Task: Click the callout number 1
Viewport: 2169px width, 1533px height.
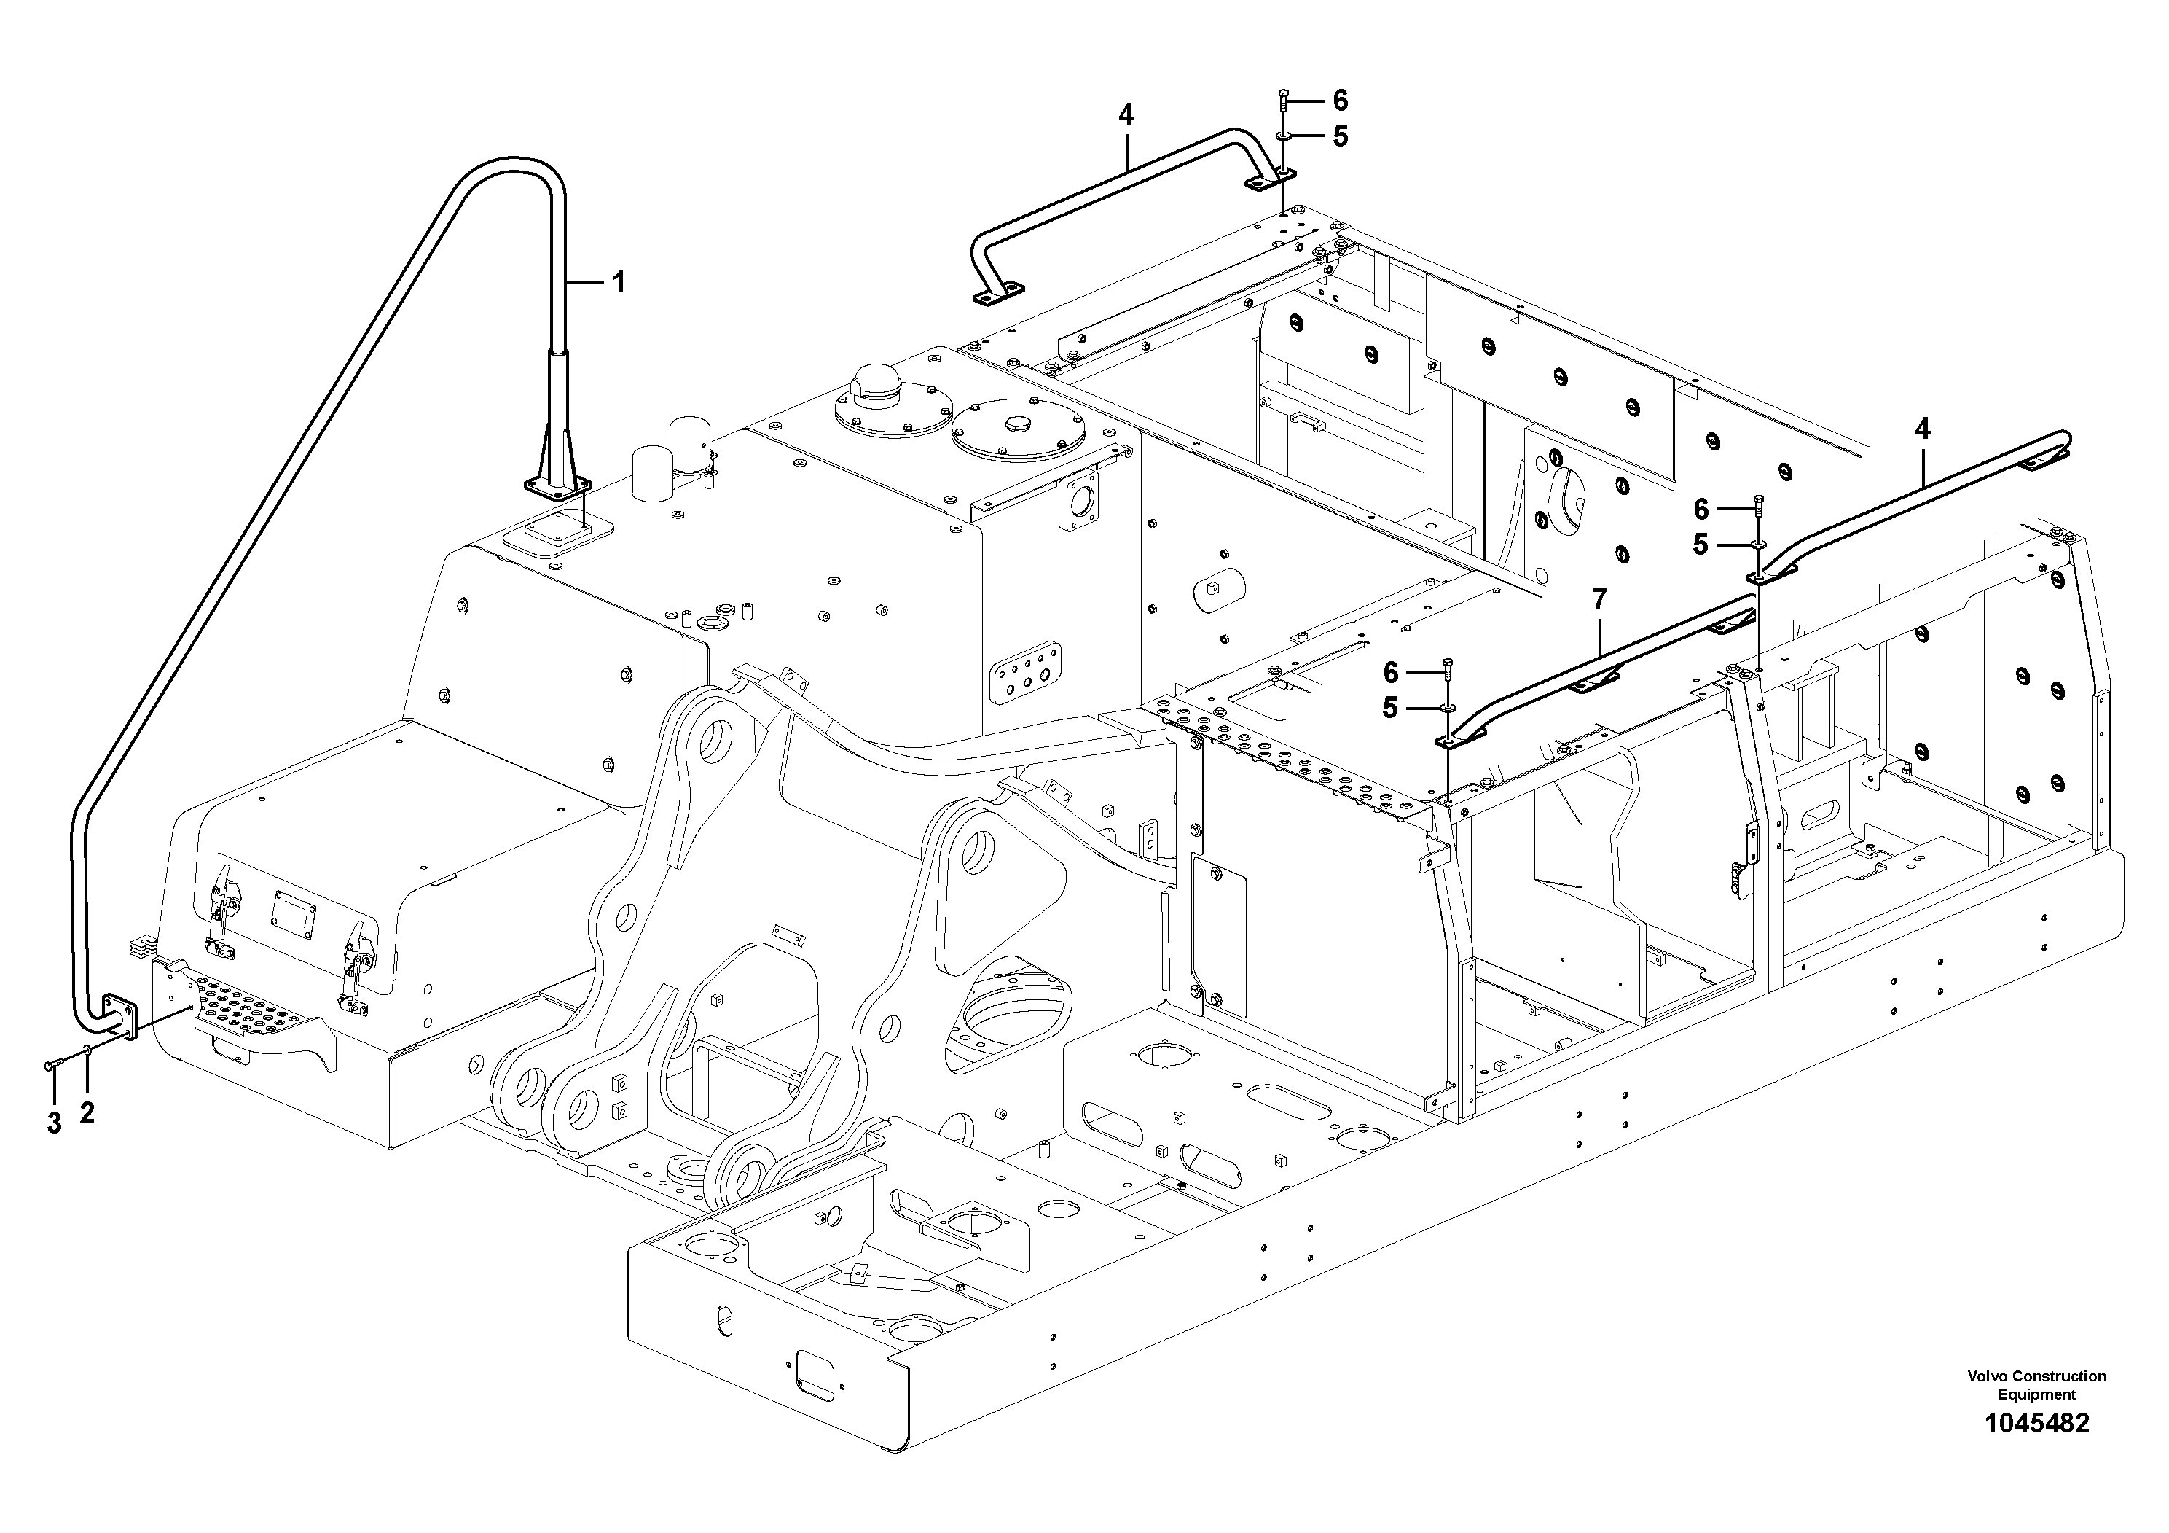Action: [x=619, y=281]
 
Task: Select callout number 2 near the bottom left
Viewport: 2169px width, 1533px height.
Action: [x=87, y=1113]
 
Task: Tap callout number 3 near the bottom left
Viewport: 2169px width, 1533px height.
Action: [x=54, y=1123]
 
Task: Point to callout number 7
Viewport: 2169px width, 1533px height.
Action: [x=1599, y=598]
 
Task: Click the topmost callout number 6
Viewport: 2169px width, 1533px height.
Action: [x=1340, y=100]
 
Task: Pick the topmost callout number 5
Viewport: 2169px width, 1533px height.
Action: [x=1340, y=136]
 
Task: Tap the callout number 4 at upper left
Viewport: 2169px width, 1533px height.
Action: [x=1125, y=114]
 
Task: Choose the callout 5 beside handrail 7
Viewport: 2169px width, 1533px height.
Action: [x=1389, y=708]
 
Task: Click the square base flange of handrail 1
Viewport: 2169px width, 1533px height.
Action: [x=557, y=487]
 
